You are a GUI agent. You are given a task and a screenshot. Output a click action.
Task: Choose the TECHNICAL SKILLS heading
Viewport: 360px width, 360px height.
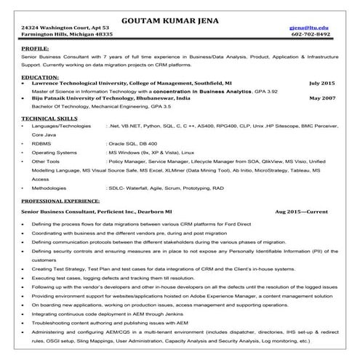click(49, 117)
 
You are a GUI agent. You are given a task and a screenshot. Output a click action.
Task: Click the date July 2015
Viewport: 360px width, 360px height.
click(321, 83)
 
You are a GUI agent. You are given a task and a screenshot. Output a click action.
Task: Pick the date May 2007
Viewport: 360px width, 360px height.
click(321, 97)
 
